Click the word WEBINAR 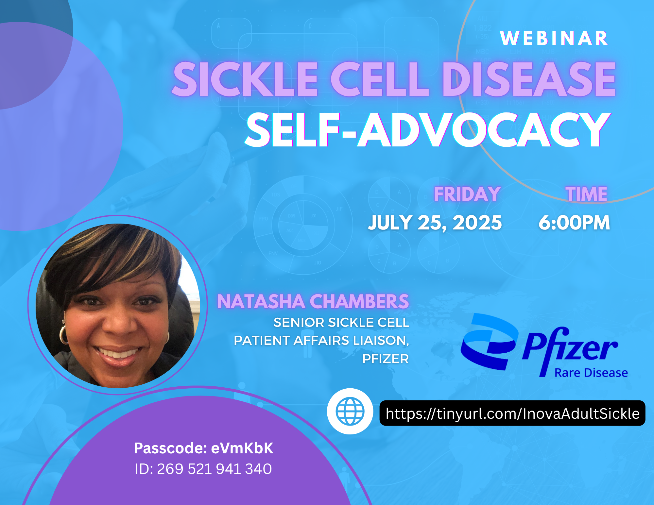(x=554, y=38)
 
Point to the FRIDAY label (x=467, y=194)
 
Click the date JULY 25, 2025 (x=435, y=223)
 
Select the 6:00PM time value (x=574, y=223)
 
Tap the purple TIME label (x=587, y=194)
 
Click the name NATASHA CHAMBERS (x=313, y=301)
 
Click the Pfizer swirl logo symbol (x=489, y=342)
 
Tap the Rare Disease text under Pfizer (x=591, y=373)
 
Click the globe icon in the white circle (x=350, y=411)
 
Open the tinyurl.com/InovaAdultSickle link (x=512, y=413)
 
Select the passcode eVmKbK (x=242, y=448)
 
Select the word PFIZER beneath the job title (x=386, y=359)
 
